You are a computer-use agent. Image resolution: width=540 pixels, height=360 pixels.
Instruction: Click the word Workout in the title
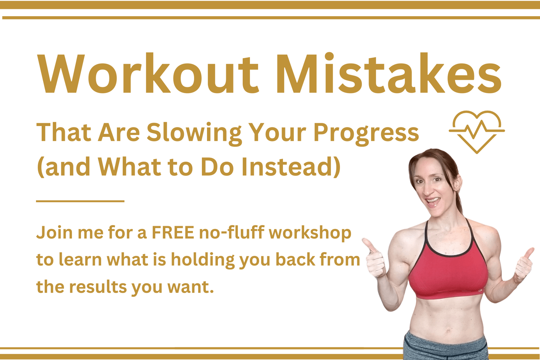click(x=148, y=73)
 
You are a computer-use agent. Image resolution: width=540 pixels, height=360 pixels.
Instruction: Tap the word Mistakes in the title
click(x=388, y=73)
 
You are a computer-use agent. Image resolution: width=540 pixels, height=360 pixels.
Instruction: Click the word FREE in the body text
click(x=173, y=233)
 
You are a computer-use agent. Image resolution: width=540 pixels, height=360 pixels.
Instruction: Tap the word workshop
click(x=310, y=233)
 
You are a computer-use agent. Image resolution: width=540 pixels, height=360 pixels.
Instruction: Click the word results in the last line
click(x=98, y=287)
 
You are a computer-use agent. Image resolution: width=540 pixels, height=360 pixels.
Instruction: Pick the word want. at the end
click(x=190, y=287)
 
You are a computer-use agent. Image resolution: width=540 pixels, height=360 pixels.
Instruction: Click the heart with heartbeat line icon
click(x=477, y=132)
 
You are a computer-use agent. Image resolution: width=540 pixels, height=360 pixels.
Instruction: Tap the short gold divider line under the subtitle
click(x=80, y=201)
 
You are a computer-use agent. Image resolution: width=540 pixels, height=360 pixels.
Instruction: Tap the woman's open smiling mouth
click(x=433, y=201)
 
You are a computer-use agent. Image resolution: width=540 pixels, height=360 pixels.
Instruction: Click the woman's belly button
click(x=448, y=331)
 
